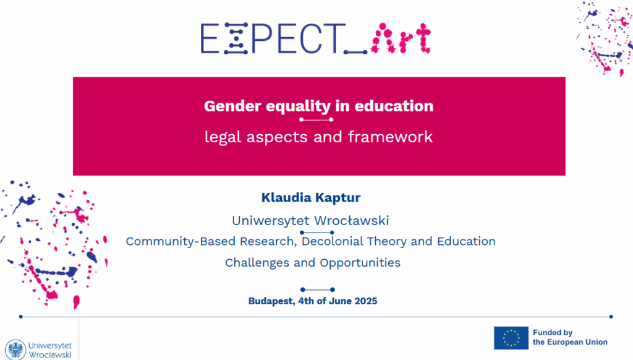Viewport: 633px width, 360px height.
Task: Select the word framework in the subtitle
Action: tap(391, 137)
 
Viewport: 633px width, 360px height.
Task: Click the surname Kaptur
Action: tap(338, 197)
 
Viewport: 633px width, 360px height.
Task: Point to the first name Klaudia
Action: tap(287, 197)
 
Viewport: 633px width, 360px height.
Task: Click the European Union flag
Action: tap(511, 338)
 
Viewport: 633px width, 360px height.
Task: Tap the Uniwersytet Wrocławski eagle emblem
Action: tap(15, 349)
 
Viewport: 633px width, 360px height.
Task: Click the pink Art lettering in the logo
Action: tap(401, 38)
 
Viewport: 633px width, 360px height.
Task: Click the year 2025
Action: tap(366, 301)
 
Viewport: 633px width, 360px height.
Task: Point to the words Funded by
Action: tap(553, 333)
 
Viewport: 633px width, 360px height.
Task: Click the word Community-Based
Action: tap(181, 241)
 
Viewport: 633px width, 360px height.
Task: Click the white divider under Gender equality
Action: tap(316, 119)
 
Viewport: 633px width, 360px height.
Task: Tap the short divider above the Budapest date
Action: tap(318, 289)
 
